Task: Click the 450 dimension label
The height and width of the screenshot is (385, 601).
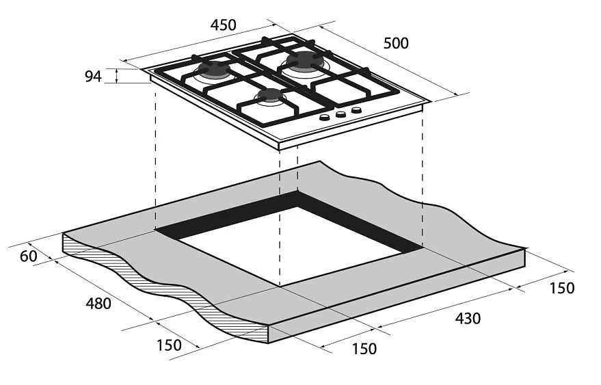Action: coord(223,25)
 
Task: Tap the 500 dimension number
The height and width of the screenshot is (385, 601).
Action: coord(396,43)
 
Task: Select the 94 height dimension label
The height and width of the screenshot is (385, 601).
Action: coord(93,77)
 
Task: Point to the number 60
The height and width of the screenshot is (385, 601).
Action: coord(29,256)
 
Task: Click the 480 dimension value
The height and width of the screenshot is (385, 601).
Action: coord(98,304)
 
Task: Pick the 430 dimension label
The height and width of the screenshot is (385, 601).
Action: coord(468,318)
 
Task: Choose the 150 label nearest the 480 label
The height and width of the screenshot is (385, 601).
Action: coord(169,345)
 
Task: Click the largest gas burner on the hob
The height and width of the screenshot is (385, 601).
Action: coord(305,62)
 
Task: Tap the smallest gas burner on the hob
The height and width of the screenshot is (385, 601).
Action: coord(271,96)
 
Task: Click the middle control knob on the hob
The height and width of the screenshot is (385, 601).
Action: coord(340,114)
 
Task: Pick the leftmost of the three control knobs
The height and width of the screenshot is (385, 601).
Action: coord(324,118)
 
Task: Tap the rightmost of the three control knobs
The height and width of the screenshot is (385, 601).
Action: coord(356,110)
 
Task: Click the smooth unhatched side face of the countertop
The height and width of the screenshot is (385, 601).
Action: coord(397,295)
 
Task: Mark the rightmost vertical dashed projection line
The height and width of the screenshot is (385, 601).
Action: coord(423,180)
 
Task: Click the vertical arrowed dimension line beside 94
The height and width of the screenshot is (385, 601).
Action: coord(117,76)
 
